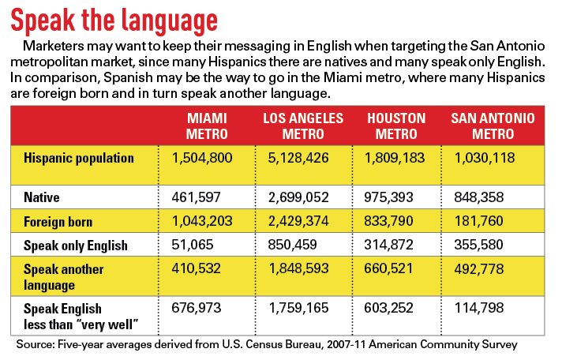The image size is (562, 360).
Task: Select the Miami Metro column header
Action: (x=207, y=126)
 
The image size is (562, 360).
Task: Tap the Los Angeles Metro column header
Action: (x=303, y=126)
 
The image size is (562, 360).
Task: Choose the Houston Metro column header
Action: (x=396, y=126)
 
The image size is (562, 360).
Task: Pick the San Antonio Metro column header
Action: (x=493, y=126)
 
